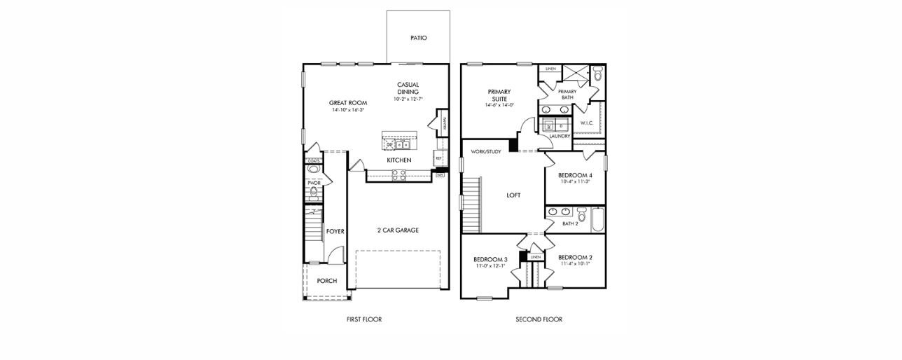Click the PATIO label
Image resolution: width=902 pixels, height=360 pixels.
pyautogui.click(x=418, y=38)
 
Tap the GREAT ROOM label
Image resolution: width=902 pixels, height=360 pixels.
pyautogui.click(x=348, y=103)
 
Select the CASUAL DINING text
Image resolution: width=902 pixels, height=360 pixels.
pyautogui.click(x=408, y=88)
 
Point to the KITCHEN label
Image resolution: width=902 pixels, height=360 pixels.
pyautogui.click(x=399, y=160)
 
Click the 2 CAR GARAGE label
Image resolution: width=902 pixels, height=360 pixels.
pyautogui.click(x=397, y=230)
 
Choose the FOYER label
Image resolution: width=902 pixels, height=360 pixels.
pyautogui.click(x=335, y=230)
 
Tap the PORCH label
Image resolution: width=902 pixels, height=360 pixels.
pyautogui.click(x=326, y=281)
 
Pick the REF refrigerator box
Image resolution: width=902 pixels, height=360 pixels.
pyautogui.click(x=438, y=158)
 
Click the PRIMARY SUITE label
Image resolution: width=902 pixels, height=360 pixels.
pyautogui.click(x=499, y=95)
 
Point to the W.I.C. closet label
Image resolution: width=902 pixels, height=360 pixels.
pyautogui.click(x=587, y=123)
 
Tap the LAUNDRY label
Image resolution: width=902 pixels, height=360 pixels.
pyautogui.click(x=560, y=136)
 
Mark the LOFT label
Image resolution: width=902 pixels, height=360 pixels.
pyautogui.click(x=513, y=195)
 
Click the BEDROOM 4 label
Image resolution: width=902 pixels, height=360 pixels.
pyautogui.click(x=575, y=174)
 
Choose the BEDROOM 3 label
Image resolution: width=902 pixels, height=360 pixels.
pyautogui.click(x=490, y=259)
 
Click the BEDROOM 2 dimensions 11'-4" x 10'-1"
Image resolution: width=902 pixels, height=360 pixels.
pyautogui.click(x=575, y=264)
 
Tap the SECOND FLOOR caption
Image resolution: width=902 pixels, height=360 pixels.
pyautogui.click(x=539, y=319)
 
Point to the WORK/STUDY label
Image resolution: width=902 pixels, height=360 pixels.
pyautogui.click(x=485, y=151)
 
